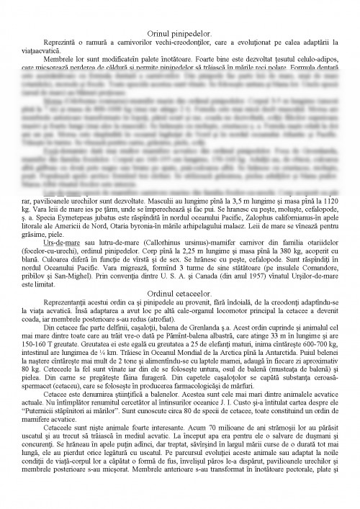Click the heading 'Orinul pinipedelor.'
[180, 35]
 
